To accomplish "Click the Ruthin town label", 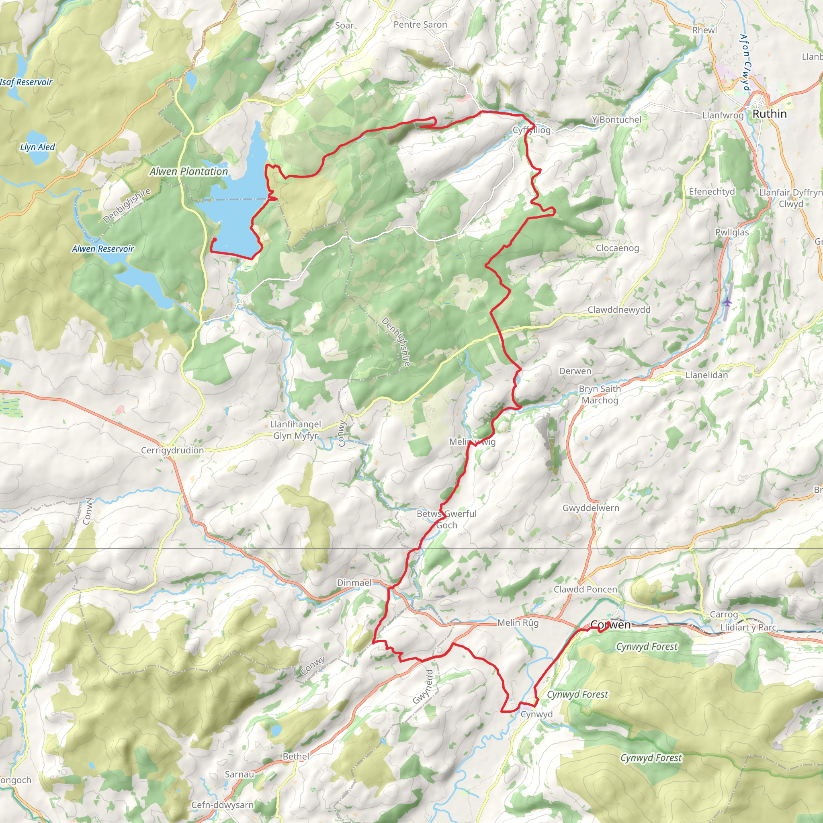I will pyautogui.click(x=769, y=114).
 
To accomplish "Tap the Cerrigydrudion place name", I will pyautogui.click(x=172, y=450).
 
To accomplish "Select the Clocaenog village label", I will pyautogui.click(x=617, y=248).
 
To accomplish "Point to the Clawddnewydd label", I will pyautogui.click(x=619, y=310).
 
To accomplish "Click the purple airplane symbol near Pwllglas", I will pyautogui.click(x=727, y=303).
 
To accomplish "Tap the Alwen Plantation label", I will pyautogui.click(x=188, y=172).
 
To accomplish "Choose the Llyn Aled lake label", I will pyautogui.click(x=37, y=147).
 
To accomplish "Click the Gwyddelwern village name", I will pyautogui.click(x=590, y=508).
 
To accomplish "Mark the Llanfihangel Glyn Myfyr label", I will pyautogui.click(x=295, y=430).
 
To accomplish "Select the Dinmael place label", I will pyautogui.click(x=354, y=582).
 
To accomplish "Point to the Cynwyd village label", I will pyautogui.click(x=536, y=714).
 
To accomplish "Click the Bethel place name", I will pyautogui.click(x=296, y=757).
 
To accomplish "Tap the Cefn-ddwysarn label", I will pyautogui.click(x=222, y=805).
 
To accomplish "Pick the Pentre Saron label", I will pyautogui.click(x=420, y=25).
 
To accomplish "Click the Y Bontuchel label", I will pyautogui.click(x=616, y=120).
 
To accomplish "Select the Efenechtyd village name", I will pyautogui.click(x=712, y=192).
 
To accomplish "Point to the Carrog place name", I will pyautogui.click(x=723, y=614).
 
